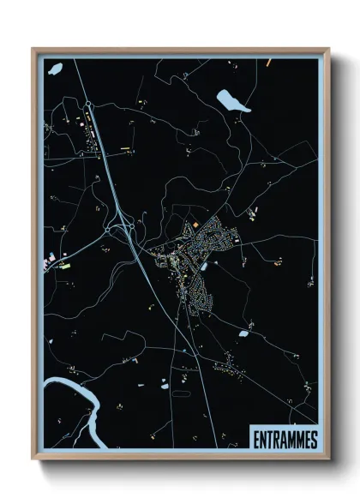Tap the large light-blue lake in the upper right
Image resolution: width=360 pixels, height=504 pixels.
(232, 101)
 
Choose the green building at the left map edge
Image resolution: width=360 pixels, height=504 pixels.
(65, 267)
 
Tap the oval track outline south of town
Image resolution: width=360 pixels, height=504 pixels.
(182, 393)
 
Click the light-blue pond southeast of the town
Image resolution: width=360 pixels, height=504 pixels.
(243, 333)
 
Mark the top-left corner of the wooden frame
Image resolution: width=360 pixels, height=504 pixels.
(33, 49)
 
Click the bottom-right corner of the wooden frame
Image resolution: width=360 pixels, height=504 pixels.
(328, 460)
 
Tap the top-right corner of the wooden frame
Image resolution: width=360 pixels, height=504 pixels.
(328, 49)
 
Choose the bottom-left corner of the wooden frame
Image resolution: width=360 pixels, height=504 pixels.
(33, 460)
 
